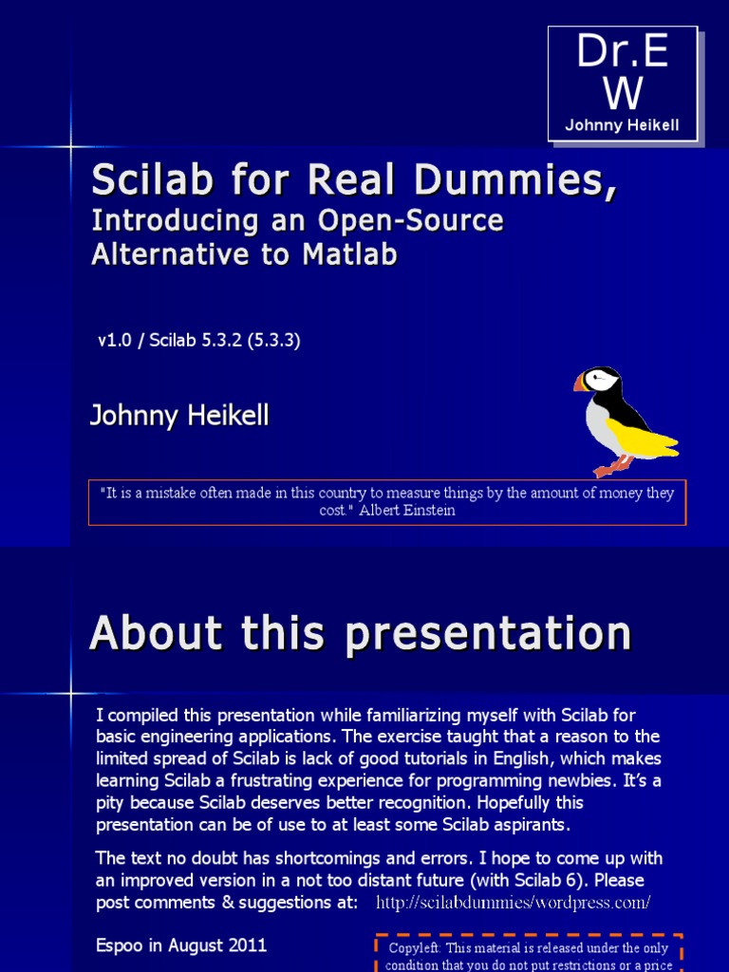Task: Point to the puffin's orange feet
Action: point(610,468)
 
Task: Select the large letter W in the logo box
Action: point(623,93)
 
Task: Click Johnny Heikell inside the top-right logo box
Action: point(622,125)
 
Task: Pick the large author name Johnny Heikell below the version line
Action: point(179,415)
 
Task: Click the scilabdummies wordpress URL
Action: point(513,902)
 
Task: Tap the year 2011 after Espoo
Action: point(246,945)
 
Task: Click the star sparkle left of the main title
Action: point(70,146)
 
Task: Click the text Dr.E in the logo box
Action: point(623,54)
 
